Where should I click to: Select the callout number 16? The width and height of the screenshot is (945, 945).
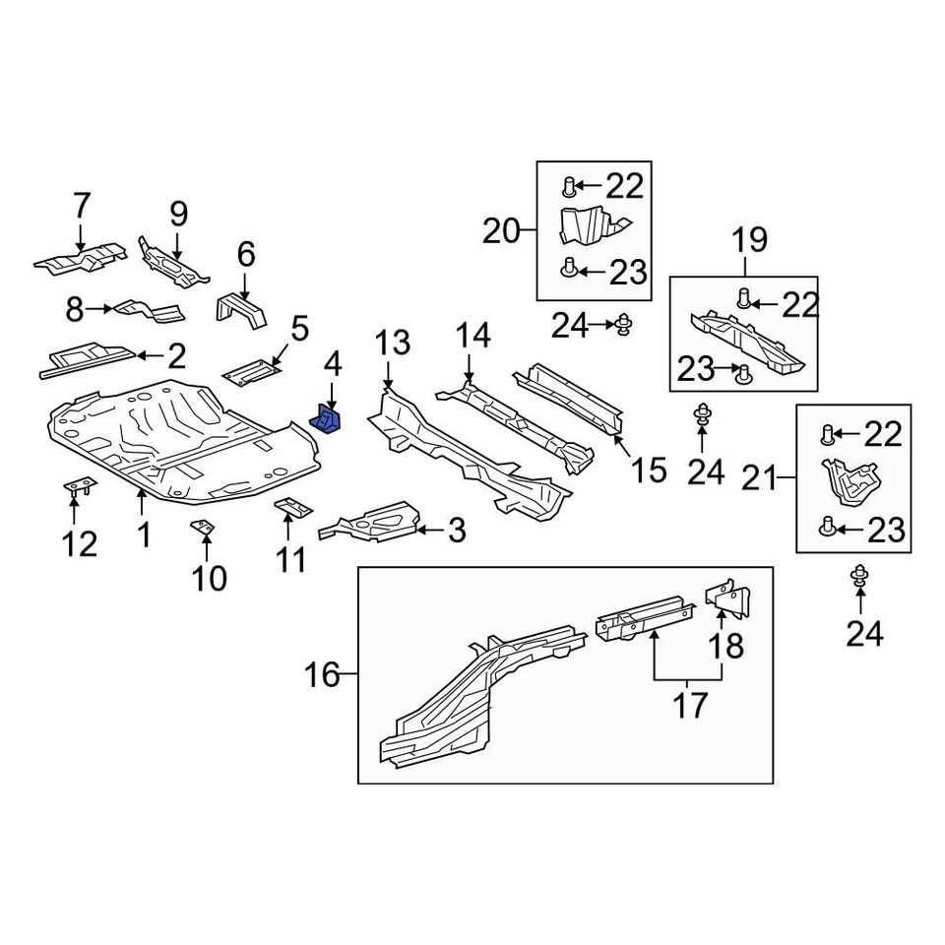coord(322,675)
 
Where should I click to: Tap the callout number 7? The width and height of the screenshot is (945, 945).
coord(81,206)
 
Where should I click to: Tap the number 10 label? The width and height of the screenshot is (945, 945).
coord(209,578)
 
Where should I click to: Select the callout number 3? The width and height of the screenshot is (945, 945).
coord(456,532)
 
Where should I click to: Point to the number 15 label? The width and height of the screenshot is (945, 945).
coord(648,470)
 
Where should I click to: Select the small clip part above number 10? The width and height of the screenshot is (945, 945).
coord(202,529)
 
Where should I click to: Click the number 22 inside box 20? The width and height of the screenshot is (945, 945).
coord(622,185)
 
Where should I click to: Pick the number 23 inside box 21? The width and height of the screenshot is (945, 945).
coord(883,531)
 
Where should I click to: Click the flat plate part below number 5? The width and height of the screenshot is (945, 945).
coord(251,371)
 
